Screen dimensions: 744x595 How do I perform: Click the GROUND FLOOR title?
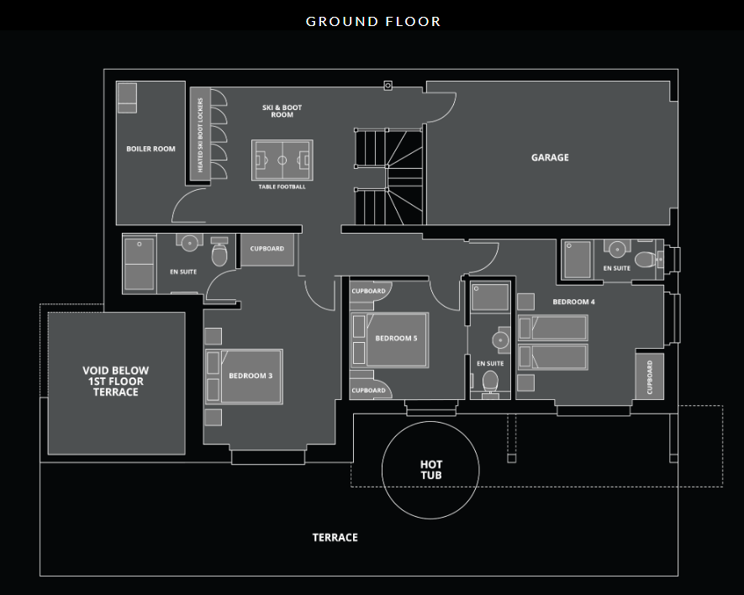coord(373,21)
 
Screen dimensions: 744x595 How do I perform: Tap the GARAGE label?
coord(550,157)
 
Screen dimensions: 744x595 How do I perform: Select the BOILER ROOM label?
coord(150,149)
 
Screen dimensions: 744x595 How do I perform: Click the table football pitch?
coord(282,161)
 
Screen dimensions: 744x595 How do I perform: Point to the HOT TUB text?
coord(430,470)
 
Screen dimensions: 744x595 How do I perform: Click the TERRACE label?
coord(335,538)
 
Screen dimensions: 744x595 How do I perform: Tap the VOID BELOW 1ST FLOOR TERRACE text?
coord(116,381)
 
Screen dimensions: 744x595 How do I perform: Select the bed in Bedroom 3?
coord(244,376)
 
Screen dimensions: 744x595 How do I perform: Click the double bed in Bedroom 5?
coord(389,340)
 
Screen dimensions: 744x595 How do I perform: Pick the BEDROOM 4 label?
coord(573,302)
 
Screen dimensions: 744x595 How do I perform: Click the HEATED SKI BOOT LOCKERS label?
coord(200,134)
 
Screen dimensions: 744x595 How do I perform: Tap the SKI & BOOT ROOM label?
coord(282,111)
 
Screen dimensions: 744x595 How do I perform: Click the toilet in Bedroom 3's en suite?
coord(219,252)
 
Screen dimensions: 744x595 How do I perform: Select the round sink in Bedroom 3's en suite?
coord(189,242)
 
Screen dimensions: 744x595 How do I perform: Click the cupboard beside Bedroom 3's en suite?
coord(267,249)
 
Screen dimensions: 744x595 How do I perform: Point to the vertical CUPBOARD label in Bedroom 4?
coord(650,377)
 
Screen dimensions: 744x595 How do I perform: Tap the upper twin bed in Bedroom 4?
coord(553,328)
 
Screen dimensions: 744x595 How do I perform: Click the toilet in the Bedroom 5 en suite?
coord(490,382)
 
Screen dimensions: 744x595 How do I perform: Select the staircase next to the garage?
coord(388,176)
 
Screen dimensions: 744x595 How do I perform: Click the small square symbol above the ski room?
coord(388,86)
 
